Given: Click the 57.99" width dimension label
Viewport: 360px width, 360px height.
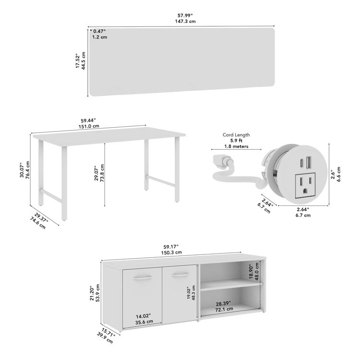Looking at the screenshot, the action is (185, 15).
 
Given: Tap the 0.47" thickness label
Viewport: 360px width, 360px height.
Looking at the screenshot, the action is (99, 31).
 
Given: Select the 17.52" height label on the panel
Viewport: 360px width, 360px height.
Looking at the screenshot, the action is (78, 61).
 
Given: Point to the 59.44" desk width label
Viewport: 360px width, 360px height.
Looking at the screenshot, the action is (88, 120).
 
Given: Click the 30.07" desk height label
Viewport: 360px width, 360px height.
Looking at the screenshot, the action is (22, 170).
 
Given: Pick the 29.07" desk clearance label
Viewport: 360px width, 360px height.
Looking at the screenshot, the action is (96, 173).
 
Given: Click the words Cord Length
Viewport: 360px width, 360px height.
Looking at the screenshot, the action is (236, 135).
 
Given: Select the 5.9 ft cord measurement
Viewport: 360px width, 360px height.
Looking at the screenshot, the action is (236, 141).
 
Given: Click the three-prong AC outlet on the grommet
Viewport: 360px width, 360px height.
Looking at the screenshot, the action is (305, 186).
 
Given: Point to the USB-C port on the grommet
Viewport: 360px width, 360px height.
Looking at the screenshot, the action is (301, 163).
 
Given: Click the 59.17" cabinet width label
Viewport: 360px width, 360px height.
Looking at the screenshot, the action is (171, 247).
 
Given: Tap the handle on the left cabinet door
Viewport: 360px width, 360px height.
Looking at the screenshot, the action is (142, 277).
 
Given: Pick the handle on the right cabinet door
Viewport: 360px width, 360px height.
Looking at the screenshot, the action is (180, 275).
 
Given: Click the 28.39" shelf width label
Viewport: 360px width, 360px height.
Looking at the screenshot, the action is (223, 304).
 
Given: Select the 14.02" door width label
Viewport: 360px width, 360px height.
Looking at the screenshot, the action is (143, 316).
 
